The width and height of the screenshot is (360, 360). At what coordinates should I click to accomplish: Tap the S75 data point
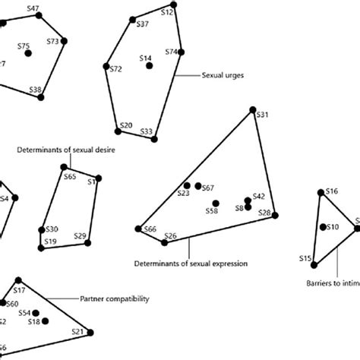point(28,53)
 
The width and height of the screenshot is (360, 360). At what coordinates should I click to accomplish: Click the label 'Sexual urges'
point(222,76)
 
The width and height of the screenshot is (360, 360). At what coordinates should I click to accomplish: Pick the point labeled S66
point(139,227)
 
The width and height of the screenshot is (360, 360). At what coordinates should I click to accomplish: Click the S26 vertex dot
point(165,242)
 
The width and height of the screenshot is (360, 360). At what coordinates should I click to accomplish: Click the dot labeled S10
point(323,227)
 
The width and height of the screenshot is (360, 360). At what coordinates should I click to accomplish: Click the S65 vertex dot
point(61,170)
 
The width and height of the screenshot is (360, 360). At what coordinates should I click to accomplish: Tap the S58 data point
point(216,203)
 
